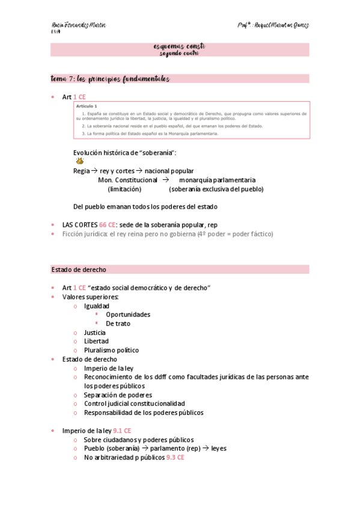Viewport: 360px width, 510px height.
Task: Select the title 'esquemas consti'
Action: click(180, 46)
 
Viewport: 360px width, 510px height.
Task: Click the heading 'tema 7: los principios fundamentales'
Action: click(111, 79)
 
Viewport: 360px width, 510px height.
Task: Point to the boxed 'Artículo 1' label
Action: click(78, 106)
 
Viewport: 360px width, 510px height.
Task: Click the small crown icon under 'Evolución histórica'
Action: click(80, 161)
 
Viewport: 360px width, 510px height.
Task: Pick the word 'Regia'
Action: click(81, 171)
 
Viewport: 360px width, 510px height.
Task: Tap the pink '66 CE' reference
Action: click(108, 224)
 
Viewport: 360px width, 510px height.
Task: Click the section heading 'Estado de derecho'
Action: click(79, 269)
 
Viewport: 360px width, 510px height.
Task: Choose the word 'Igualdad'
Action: click(97, 306)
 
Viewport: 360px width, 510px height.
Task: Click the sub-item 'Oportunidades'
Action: click(128, 315)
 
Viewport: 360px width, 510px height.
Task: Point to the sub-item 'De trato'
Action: click(118, 324)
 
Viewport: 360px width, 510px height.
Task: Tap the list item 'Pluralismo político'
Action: click(111, 350)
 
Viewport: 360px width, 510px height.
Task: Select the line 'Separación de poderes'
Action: click(118, 395)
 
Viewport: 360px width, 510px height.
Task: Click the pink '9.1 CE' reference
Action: click(122, 431)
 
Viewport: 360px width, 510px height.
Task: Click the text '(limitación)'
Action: click(124, 189)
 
